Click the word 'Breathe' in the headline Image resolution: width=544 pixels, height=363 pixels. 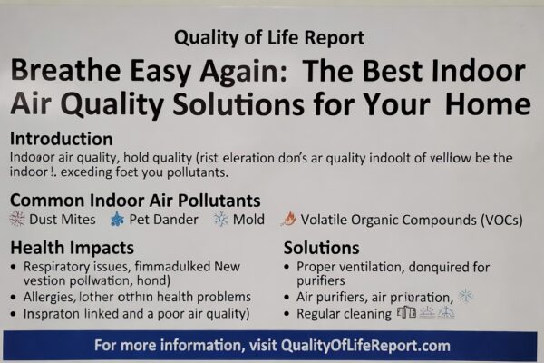point(72,72)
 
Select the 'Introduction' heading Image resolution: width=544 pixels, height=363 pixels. point(61,140)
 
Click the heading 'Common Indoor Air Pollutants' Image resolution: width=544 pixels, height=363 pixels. point(135,200)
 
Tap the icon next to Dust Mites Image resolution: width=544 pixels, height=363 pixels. point(16,219)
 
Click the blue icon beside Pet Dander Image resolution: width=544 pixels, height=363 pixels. point(116,219)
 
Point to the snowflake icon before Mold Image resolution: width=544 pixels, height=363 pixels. point(220,219)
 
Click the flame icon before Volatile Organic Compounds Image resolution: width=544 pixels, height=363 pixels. point(288,219)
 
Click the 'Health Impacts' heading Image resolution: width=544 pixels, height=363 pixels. point(72,247)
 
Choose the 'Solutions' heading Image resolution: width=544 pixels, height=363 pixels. point(321,247)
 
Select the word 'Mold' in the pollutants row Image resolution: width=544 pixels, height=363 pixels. point(248,219)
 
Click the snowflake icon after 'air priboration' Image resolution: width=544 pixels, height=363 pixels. point(465,296)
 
